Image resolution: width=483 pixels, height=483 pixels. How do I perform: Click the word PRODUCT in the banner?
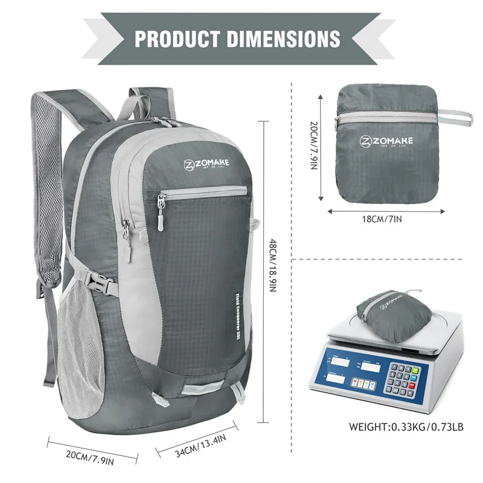click(176, 39)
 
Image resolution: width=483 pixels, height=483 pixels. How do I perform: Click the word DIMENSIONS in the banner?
click(283, 39)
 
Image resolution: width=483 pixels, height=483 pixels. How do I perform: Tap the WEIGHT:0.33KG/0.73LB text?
click(406, 427)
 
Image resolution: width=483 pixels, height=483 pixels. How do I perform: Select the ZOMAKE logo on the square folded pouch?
click(387, 142)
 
